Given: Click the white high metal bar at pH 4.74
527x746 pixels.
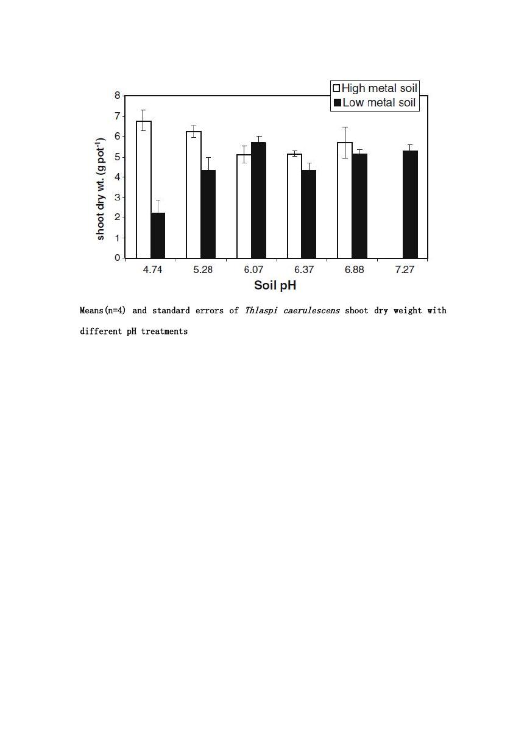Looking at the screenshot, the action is click(x=144, y=190).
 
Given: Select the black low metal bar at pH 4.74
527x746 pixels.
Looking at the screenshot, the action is click(x=158, y=235).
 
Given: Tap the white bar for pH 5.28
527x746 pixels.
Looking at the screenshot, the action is click(x=194, y=195).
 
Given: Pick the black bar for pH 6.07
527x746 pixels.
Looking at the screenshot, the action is click(x=259, y=200).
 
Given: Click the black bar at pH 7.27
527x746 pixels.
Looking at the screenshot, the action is click(x=410, y=205).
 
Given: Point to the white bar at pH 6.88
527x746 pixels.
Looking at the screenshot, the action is click(x=345, y=200).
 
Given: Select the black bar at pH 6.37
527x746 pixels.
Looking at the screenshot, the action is click(x=309, y=214).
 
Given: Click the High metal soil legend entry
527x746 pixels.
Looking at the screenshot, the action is click(x=375, y=88).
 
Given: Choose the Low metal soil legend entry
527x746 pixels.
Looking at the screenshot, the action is click(x=375, y=102).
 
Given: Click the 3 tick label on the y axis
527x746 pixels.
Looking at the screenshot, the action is click(x=117, y=197).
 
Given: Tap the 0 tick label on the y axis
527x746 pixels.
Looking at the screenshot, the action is click(x=117, y=258).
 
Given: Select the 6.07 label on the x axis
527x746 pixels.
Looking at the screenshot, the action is click(x=253, y=269).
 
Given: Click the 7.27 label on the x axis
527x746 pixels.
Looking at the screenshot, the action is click(x=405, y=269).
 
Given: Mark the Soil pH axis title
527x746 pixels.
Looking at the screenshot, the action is click(x=275, y=285).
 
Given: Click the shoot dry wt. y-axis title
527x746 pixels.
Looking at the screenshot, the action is click(x=101, y=188).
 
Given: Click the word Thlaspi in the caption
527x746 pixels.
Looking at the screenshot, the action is click(x=261, y=311).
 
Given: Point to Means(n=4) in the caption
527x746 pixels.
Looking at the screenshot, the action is click(x=103, y=311).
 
